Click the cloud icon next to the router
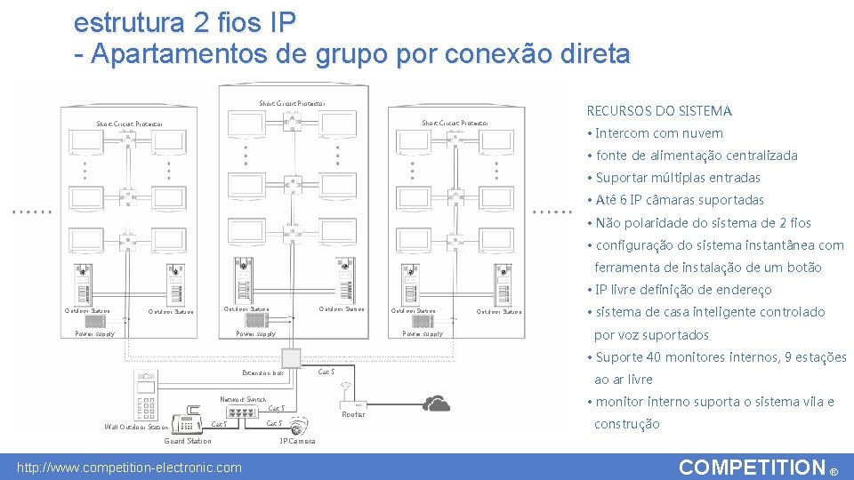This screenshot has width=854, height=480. click(x=436, y=404)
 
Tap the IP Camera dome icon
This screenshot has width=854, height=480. click(x=299, y=424)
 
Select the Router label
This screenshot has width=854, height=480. click(x=353, y=414)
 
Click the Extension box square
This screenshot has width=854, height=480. click(x=292, y=358)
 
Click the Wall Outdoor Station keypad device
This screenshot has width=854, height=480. click(x=147, y=397)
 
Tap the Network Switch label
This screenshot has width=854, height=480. click(x=243, y=400)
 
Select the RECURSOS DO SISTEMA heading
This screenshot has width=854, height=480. click(x=658, y=111)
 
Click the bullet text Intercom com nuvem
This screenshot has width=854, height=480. click(x=658, y=133)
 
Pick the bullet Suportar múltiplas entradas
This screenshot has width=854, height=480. click(x=678, y=178)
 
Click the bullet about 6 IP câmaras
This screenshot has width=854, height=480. click(x=680, y=200)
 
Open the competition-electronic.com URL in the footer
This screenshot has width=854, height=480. click(x=130, y=468)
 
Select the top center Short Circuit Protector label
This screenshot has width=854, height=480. click(x=292, y=104)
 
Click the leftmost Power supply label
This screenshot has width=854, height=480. click(x=95, y=334)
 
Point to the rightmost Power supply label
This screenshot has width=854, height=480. click(x=423, y=334)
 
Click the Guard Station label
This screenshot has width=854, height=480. click(x=188, y=441)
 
